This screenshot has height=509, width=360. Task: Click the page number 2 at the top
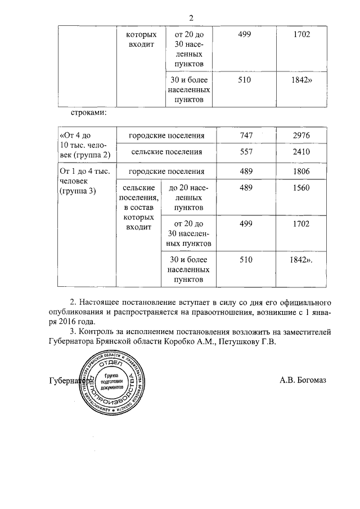(191, 17)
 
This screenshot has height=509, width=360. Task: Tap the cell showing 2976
(301, 136)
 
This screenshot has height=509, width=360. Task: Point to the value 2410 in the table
(301, 152)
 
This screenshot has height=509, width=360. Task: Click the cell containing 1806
(301, 172)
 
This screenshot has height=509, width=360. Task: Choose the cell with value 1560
(301, 188)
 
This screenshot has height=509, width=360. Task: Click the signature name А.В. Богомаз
(303, 380)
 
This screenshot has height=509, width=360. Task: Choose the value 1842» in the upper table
(301, 80)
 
